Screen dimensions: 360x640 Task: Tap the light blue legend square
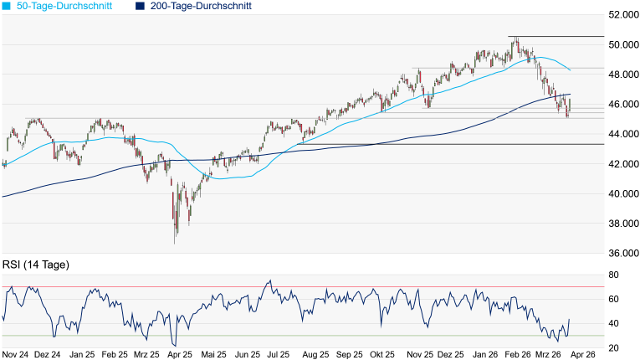7,6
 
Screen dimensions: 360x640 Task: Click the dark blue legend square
139,6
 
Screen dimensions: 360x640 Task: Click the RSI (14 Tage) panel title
35,265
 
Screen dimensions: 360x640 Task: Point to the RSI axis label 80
613,275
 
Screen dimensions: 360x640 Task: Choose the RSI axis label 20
613,347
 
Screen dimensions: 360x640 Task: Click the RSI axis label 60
613,300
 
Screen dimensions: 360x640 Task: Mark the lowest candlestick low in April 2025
176,243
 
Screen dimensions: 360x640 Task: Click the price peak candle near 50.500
516,38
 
